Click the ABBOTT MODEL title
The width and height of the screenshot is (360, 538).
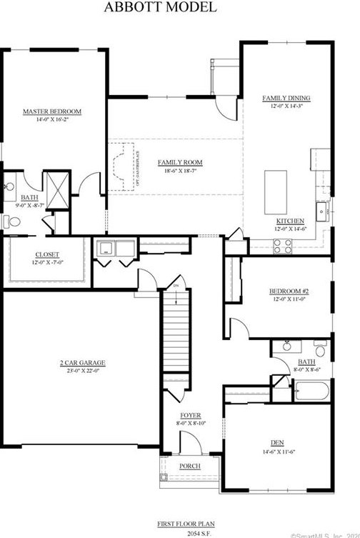click(x=159, y=8)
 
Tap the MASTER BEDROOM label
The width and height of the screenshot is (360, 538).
click(x=52, y=111)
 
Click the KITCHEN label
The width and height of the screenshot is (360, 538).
click(x=290, y=221)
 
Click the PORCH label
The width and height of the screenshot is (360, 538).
click(x=189, y=467)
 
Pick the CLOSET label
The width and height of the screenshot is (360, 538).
click(x=47, y=254)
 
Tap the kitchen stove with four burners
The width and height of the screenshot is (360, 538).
click(x=282, y=245)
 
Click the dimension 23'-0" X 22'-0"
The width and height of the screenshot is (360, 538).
click(x=79, y=371)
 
